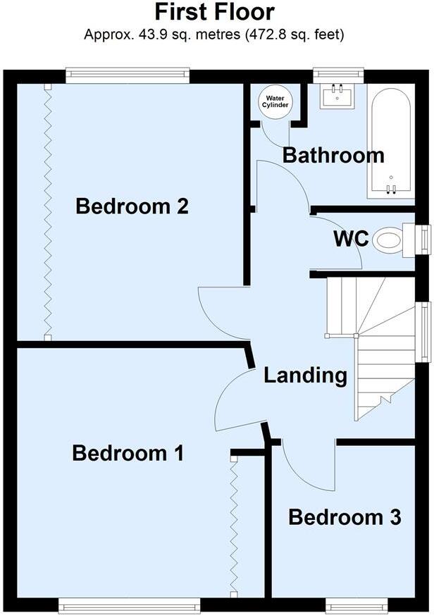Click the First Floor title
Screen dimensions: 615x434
(214, 12)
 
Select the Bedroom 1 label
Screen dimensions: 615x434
(128, 453)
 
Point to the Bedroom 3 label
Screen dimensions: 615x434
(345, 518)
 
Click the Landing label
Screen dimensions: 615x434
(305, 375)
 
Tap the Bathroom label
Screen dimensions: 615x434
(333, 155)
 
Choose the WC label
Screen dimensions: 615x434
(351, 239)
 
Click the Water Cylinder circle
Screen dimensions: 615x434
(275, 101)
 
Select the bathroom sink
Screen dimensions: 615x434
(337, 97)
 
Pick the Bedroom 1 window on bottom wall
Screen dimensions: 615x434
(129, 604)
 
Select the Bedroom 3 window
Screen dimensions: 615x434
(356, 604)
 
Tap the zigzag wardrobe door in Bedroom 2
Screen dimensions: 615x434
(47, 211)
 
